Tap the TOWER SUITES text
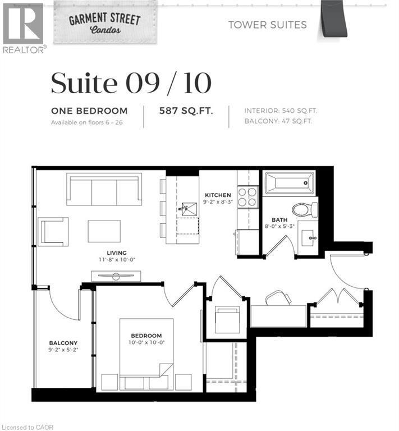click(267, 25)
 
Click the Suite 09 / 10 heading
click(131, 83)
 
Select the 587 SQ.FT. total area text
click(186, 111)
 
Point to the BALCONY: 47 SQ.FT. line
click(278, 121)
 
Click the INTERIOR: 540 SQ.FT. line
click(278, 111)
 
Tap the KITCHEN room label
click(218, 195)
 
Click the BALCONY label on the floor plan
click(63, 343)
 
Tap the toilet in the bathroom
click(305, 209)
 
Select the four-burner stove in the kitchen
click(247, 197)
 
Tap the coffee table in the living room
click(104, 231)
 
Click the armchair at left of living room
click(54, 231)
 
